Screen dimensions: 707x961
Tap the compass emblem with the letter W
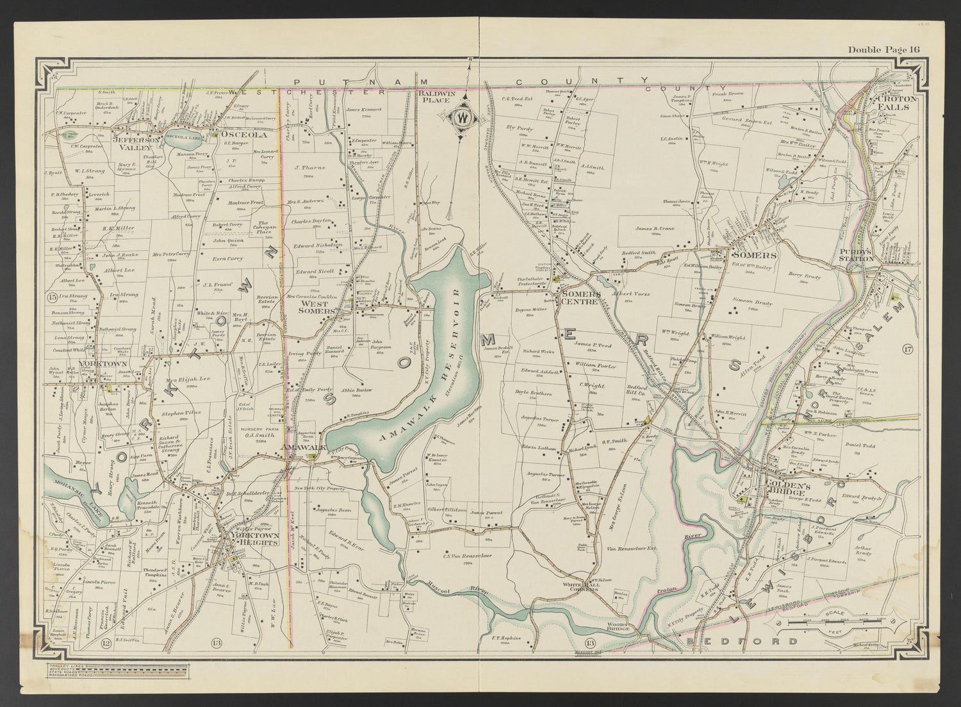462,118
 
